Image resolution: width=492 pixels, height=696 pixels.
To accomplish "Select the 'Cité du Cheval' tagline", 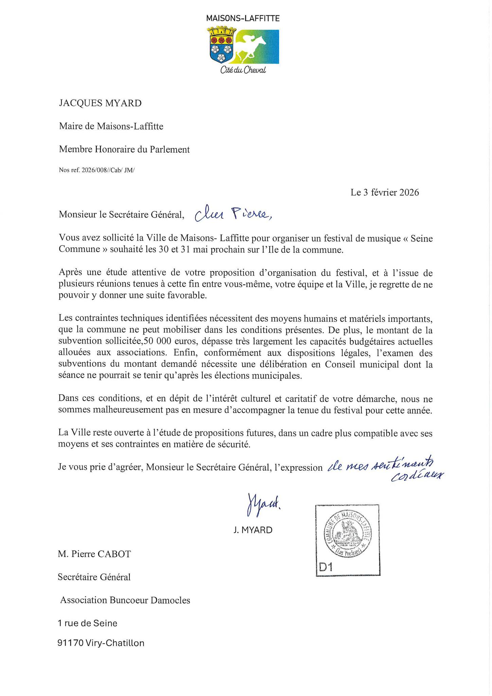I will coord(243,70).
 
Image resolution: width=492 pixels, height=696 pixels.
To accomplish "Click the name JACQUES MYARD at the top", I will coord(100,103).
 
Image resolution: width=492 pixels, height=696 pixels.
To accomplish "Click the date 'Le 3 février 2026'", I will coord(385,193).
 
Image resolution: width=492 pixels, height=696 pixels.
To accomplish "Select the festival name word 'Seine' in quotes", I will coord(422,239).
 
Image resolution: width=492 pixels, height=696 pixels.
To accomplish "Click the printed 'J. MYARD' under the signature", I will coord(253,530).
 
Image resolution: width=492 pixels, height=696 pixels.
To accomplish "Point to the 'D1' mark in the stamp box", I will coord(326,567).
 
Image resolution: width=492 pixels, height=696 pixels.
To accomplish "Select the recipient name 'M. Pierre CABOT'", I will coord(94,554).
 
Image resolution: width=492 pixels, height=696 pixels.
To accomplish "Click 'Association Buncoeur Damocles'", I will coord(125,600).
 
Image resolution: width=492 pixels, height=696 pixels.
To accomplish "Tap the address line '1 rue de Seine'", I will coord(87,623).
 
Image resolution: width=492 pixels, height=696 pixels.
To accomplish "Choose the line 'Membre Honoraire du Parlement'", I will coord(124,150).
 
